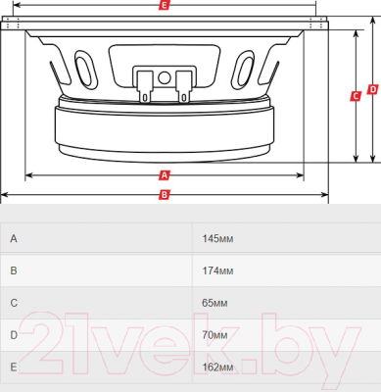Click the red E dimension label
[165, 5]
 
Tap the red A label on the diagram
[165, 175]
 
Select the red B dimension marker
[165, 195]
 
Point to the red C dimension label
[356, 96]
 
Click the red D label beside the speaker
[372, 89]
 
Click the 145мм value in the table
[217, 239]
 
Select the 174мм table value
[217, 270]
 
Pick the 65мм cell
[214, 303]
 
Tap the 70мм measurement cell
[214, 335]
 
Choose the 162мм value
[217, 367]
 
